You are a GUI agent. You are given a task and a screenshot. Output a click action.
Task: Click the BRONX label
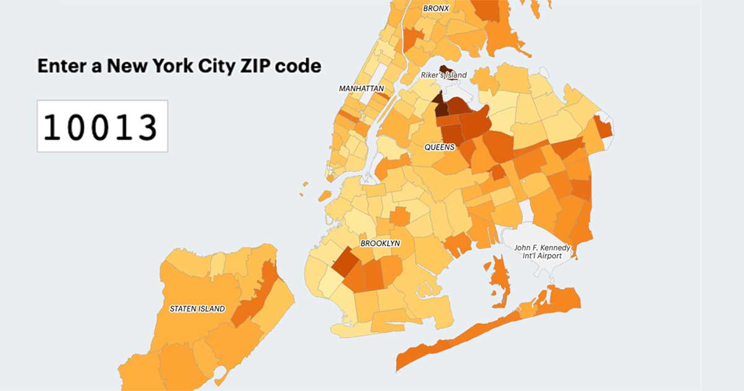[x=436, y=9]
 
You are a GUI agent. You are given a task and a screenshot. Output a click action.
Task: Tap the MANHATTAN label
[x=361, y=89]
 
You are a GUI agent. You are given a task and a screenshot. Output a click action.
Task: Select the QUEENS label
[x=440, y=147]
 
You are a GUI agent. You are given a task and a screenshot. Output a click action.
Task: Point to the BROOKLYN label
[x=379, y=243]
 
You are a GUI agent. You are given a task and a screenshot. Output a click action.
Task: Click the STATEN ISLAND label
[x=197, y=308]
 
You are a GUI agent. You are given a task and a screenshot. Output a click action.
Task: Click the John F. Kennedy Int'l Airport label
[x=542, y=252]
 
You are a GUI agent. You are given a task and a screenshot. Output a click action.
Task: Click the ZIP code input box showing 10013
[x=102, y=126]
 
